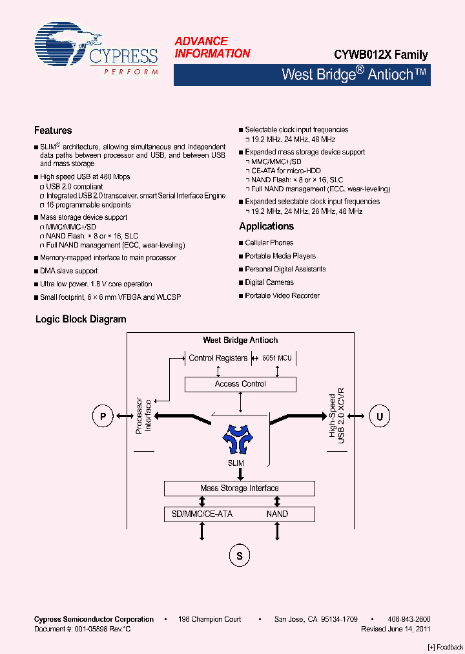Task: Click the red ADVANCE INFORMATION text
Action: (212, 47)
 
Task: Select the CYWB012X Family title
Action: (380, 55)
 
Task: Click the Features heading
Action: (53, 131)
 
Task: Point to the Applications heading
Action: (266, 226)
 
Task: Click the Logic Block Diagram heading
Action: (81, 319)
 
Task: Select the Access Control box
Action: (240, 384)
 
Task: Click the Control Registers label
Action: (218, 357)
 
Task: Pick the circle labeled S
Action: (240, 555)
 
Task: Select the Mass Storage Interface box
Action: (240, 489)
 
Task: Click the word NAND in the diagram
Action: (277, 514)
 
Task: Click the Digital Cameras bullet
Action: (269, 282)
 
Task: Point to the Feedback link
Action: (446, 647)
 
